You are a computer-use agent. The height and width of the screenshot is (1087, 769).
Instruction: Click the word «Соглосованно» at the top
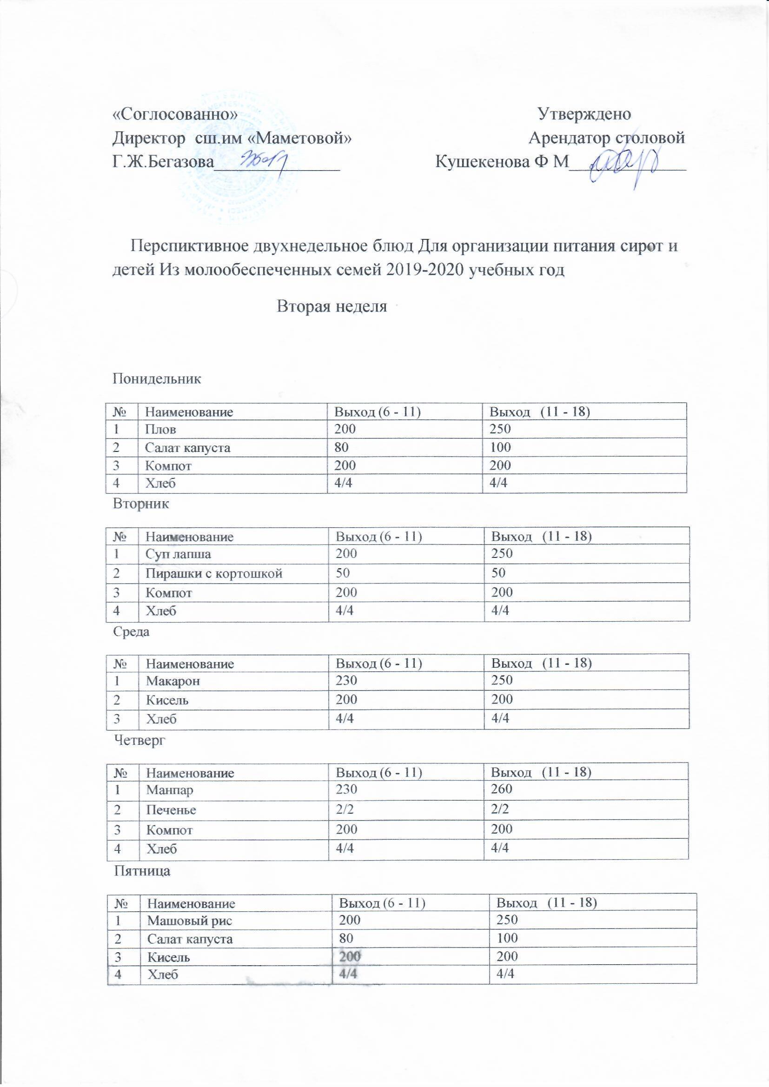coord(175,114)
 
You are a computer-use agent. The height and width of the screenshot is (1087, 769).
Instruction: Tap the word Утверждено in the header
coord(584,113)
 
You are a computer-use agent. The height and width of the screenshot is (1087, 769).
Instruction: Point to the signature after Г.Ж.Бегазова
coord(266,162)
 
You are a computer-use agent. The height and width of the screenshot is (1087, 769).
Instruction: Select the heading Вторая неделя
coord(332,306)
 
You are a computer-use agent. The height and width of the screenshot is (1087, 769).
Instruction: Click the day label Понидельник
coord(157,379)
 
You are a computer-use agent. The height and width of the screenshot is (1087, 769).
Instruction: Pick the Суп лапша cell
coord(179,554)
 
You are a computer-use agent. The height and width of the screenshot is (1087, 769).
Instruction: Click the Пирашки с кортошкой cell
coord(214,573)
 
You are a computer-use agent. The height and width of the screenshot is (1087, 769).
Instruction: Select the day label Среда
coord(131,631)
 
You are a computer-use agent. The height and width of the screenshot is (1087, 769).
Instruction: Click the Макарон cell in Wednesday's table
coord(173,681)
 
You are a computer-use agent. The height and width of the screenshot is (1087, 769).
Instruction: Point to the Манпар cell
coord(170,790)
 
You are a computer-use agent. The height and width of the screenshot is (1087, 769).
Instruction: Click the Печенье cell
coord(171,809)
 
